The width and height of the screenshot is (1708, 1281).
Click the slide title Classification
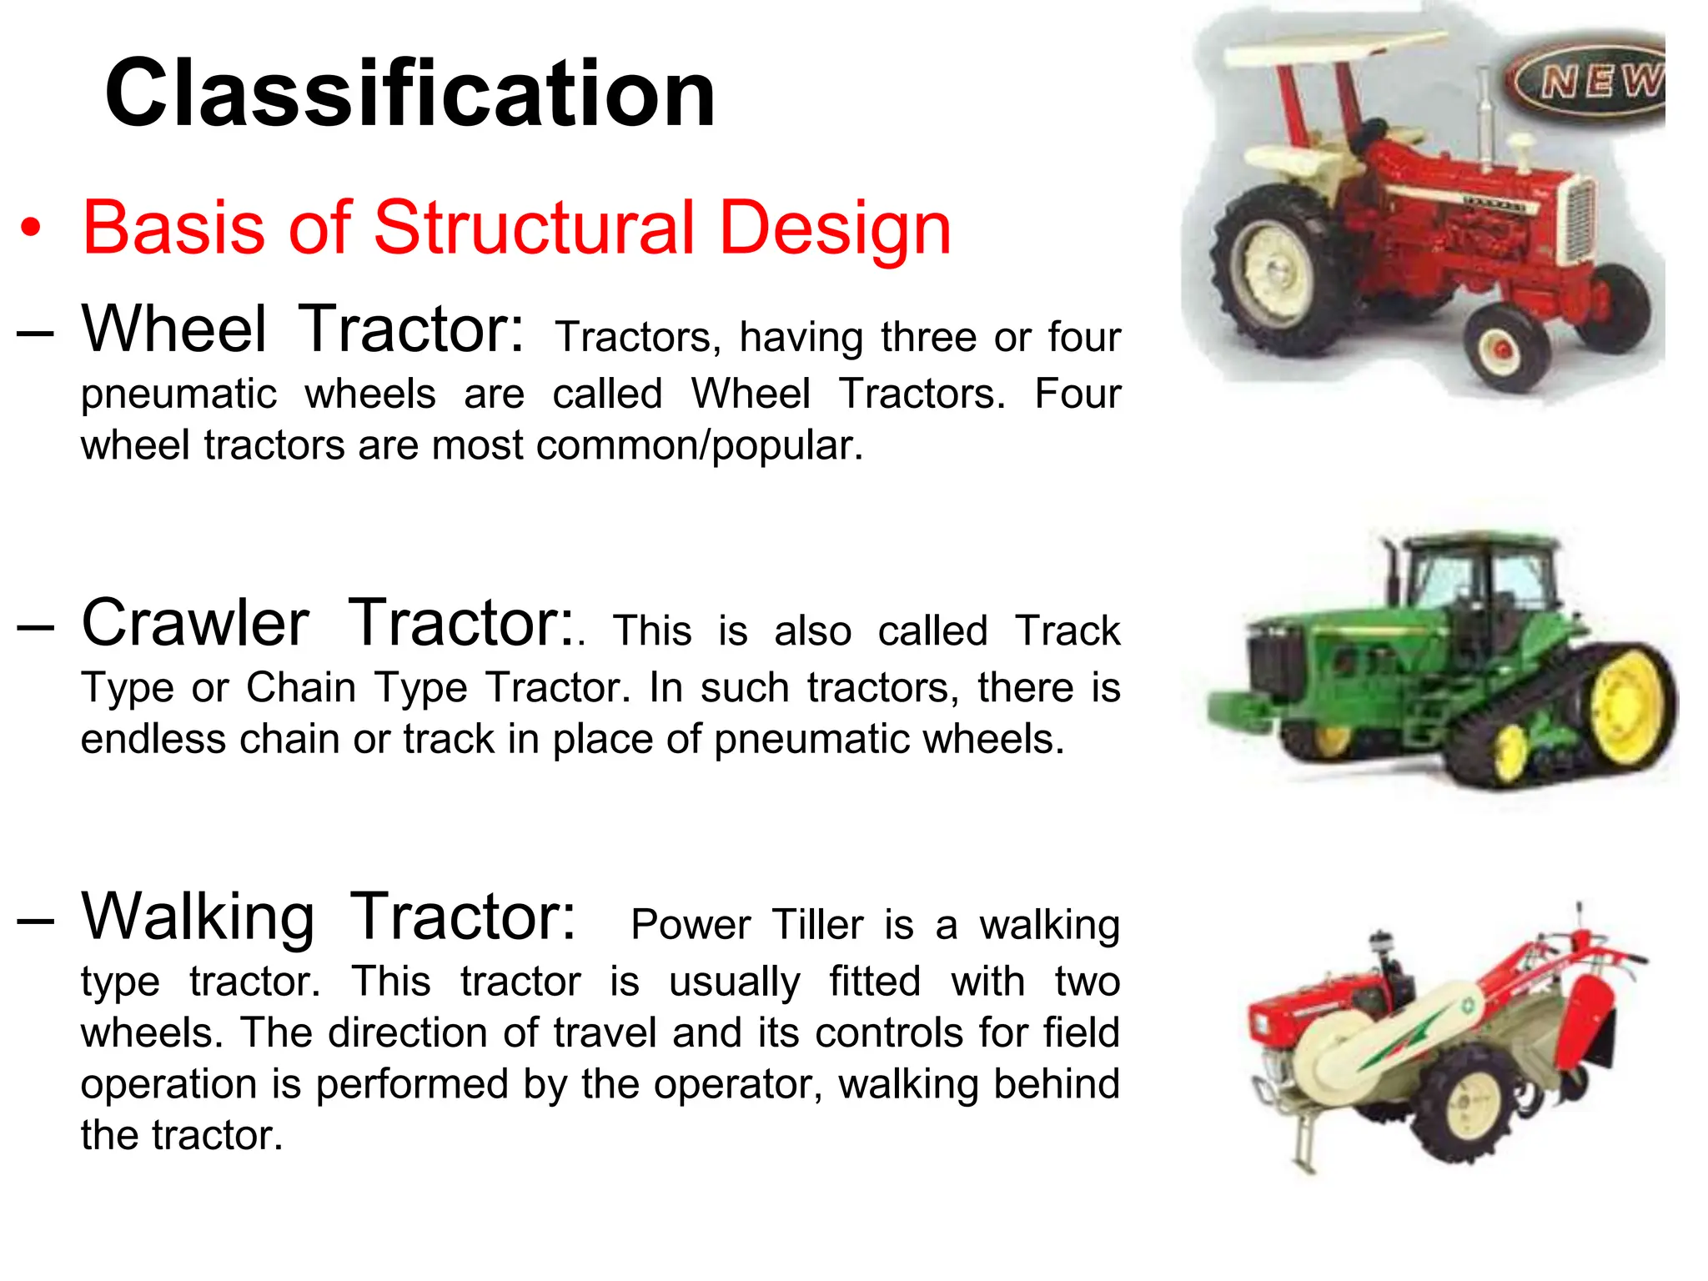(x=409, y=93)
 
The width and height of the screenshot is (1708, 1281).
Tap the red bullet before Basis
(x=31, y=229)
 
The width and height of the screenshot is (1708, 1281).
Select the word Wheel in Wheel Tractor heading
(x=174, y=329)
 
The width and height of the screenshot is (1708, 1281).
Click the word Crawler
(x=195, y=624)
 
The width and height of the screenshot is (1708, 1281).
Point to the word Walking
(x=198, y=917)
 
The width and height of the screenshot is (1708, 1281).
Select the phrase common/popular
(x=699, y=445)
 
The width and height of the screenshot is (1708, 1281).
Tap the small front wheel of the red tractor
(x=1506, y=349)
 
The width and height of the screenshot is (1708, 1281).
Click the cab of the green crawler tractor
(x=1476, y=584)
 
